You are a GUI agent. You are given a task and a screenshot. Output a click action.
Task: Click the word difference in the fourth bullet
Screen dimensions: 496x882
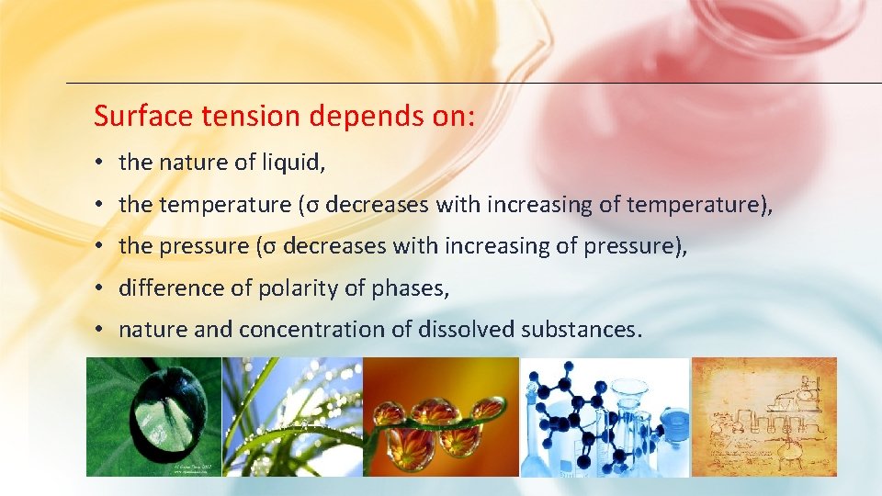[x=172, y=288]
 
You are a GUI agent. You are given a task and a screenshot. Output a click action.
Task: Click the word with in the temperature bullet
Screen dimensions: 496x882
[x=457, y=205]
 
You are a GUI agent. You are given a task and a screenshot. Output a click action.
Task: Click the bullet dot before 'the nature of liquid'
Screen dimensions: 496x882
[x=97, y=163]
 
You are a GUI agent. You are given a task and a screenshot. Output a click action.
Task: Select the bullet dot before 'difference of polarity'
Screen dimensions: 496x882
[x=97, y=289]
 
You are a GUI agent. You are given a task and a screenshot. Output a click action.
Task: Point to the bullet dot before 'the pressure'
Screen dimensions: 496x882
[x=97, y=247]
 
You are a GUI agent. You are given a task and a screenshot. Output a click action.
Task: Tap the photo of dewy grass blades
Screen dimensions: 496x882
[x=292, y=416]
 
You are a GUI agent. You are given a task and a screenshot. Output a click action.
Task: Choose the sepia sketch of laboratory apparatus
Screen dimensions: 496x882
[x=763, y=416]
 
